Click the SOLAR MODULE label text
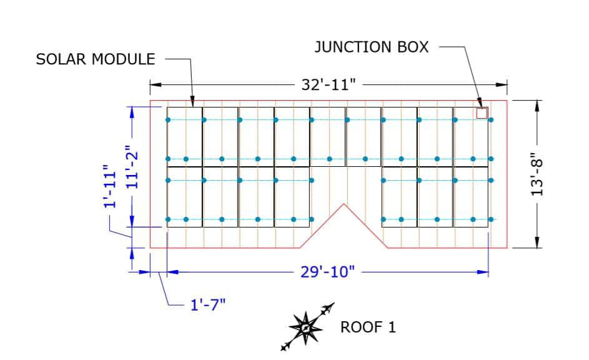click(x=96, y=59)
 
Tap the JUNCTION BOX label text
click(x=372, y=47)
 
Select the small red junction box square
click(x=482, y=113)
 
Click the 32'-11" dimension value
click(x=329, y=84)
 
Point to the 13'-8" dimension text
click(x=537, y=174)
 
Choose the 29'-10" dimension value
click(x=327, y=271)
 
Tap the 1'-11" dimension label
click(x=111, y=186)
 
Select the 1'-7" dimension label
click(x=208, y=305)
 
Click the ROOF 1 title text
click(x=368, y=327)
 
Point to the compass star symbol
click(x=306, y=327)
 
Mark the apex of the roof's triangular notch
click(x=344, y=204)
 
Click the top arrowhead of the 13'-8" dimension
click(x=537, y=106)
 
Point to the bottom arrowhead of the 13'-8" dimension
click(x=537, y=242)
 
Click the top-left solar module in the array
click(x=184, y=137)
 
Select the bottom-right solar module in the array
click(x=471, y=197)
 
